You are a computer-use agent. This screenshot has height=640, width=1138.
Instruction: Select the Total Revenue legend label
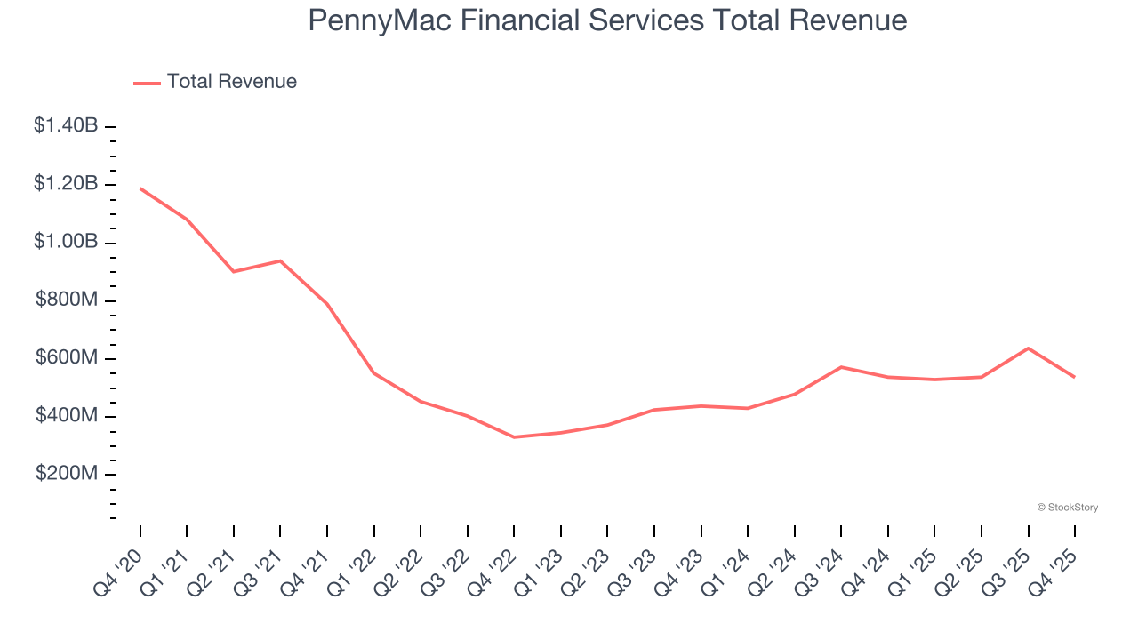(x=231, y=82)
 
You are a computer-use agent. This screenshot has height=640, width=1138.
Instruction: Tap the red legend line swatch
(x=147, y=83)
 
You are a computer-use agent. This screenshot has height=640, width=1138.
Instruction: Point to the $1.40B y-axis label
(x=66, y=126)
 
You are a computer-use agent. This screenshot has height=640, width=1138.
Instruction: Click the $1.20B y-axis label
(x=66, y=184)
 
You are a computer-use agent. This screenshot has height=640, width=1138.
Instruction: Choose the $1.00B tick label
(x=66, y=242)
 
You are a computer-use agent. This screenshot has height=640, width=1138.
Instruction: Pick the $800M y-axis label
(x=68, y=300)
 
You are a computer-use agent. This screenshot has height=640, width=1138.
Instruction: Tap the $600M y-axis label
(x=68, y=358)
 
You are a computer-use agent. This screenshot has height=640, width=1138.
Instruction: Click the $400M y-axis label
(x=68, y=416)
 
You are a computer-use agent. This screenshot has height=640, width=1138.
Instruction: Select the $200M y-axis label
(x=68, y=474)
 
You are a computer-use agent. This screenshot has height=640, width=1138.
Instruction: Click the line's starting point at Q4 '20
(x=140, y=188)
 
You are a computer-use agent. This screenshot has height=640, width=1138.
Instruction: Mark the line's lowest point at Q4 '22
(x=514, y=437)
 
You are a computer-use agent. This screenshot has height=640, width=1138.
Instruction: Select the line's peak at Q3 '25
(x=1028, y=348)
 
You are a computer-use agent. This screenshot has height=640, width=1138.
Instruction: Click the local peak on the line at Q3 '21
(x=281, y=260)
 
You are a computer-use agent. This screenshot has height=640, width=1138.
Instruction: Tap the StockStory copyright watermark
(x=1067, y=508)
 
